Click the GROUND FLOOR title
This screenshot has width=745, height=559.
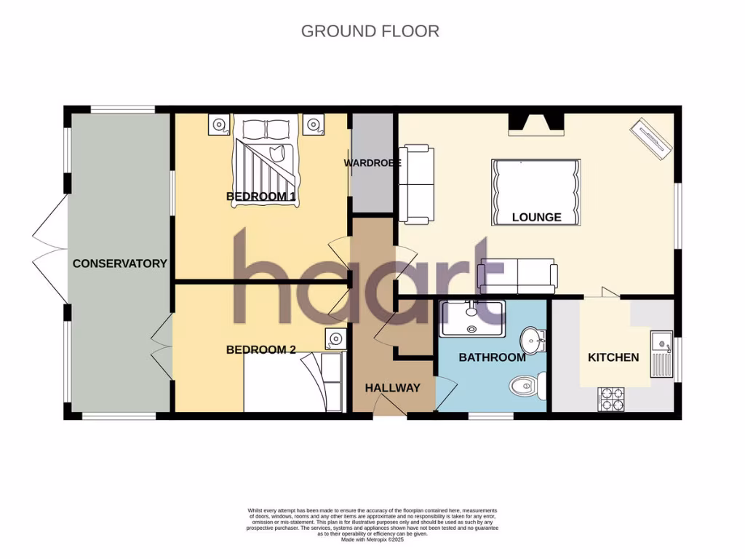370,31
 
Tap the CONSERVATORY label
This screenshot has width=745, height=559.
120,263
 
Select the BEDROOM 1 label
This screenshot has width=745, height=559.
261,197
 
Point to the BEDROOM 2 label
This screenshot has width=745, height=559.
261,349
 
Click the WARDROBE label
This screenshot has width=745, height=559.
372,163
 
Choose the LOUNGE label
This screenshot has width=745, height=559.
537,217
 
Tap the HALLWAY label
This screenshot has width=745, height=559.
393,388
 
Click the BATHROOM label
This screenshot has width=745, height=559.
492,357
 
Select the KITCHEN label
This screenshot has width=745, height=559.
613,357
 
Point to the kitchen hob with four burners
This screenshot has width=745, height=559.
611,399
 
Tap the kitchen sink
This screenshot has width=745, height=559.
661,353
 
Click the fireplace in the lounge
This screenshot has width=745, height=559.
535,124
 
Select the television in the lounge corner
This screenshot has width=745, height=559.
652,138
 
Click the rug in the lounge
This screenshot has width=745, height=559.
537,191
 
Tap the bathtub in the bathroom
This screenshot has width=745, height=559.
471,318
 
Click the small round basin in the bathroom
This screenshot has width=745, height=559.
533,339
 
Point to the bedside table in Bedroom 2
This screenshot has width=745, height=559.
334,338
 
